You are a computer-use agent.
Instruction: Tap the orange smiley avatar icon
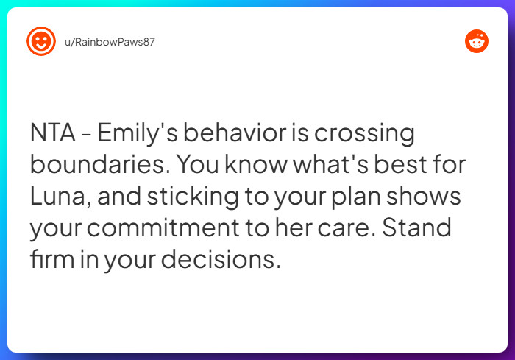40,41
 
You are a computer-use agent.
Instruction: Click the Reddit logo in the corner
477,42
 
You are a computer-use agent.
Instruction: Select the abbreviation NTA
54,135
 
